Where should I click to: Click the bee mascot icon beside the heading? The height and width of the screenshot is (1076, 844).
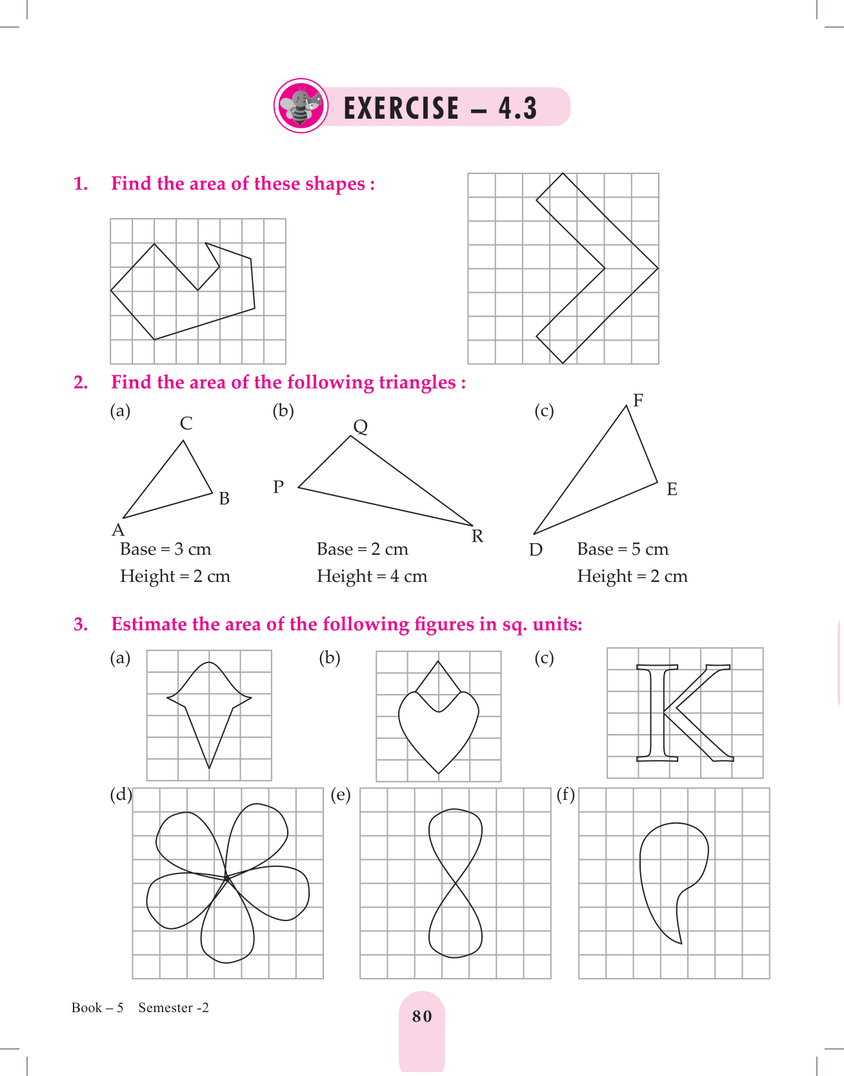point(301,106)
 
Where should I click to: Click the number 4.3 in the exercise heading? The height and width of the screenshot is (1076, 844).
point(517,108)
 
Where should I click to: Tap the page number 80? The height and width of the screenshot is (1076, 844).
point(422,1016)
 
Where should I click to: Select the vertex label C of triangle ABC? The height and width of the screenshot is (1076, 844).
point(186,423)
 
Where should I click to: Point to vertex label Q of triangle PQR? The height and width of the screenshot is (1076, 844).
point(361,426)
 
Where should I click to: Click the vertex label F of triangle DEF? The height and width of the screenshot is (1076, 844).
point(638,401)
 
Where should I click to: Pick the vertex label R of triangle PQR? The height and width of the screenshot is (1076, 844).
point(477,536)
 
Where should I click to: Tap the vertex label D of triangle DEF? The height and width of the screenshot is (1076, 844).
point(536,550)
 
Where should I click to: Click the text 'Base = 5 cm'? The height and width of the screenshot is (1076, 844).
point(623,549)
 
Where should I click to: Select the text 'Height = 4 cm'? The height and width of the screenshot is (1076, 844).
point(372,576)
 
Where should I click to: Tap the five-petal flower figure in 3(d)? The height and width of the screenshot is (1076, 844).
point(227,881)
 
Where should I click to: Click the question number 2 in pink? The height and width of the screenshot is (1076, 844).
point(81,383)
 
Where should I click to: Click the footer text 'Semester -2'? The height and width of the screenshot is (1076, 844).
point(174,1008)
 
